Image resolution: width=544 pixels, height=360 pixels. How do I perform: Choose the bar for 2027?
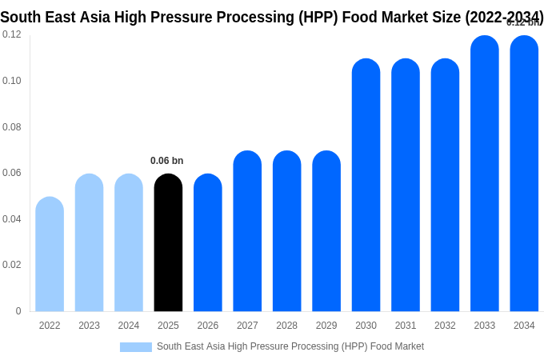(x=247, y=231)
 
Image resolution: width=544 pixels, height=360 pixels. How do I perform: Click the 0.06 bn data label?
(x=166, y=161)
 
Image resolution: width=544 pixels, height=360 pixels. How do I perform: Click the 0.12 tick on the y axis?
(x=12, y=34)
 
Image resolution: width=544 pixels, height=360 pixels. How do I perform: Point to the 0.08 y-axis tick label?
(x=12, y=127)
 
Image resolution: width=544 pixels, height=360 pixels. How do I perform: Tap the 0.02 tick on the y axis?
(x=12, y=265)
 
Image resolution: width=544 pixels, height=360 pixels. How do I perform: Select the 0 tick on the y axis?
(x=18, y=311)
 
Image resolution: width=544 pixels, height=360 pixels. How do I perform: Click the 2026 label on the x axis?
(x=208, y=326)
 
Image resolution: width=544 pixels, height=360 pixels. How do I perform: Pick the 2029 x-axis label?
(x=326, y=326)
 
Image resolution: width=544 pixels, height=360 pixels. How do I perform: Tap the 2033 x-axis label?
(x=485, y=326)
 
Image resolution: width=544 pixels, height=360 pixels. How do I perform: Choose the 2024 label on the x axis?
(x=129, y=326)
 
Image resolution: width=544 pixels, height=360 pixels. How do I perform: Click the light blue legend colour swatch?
(x=136, y=347)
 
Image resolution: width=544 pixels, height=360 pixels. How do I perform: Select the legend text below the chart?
(x=290, y=346)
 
